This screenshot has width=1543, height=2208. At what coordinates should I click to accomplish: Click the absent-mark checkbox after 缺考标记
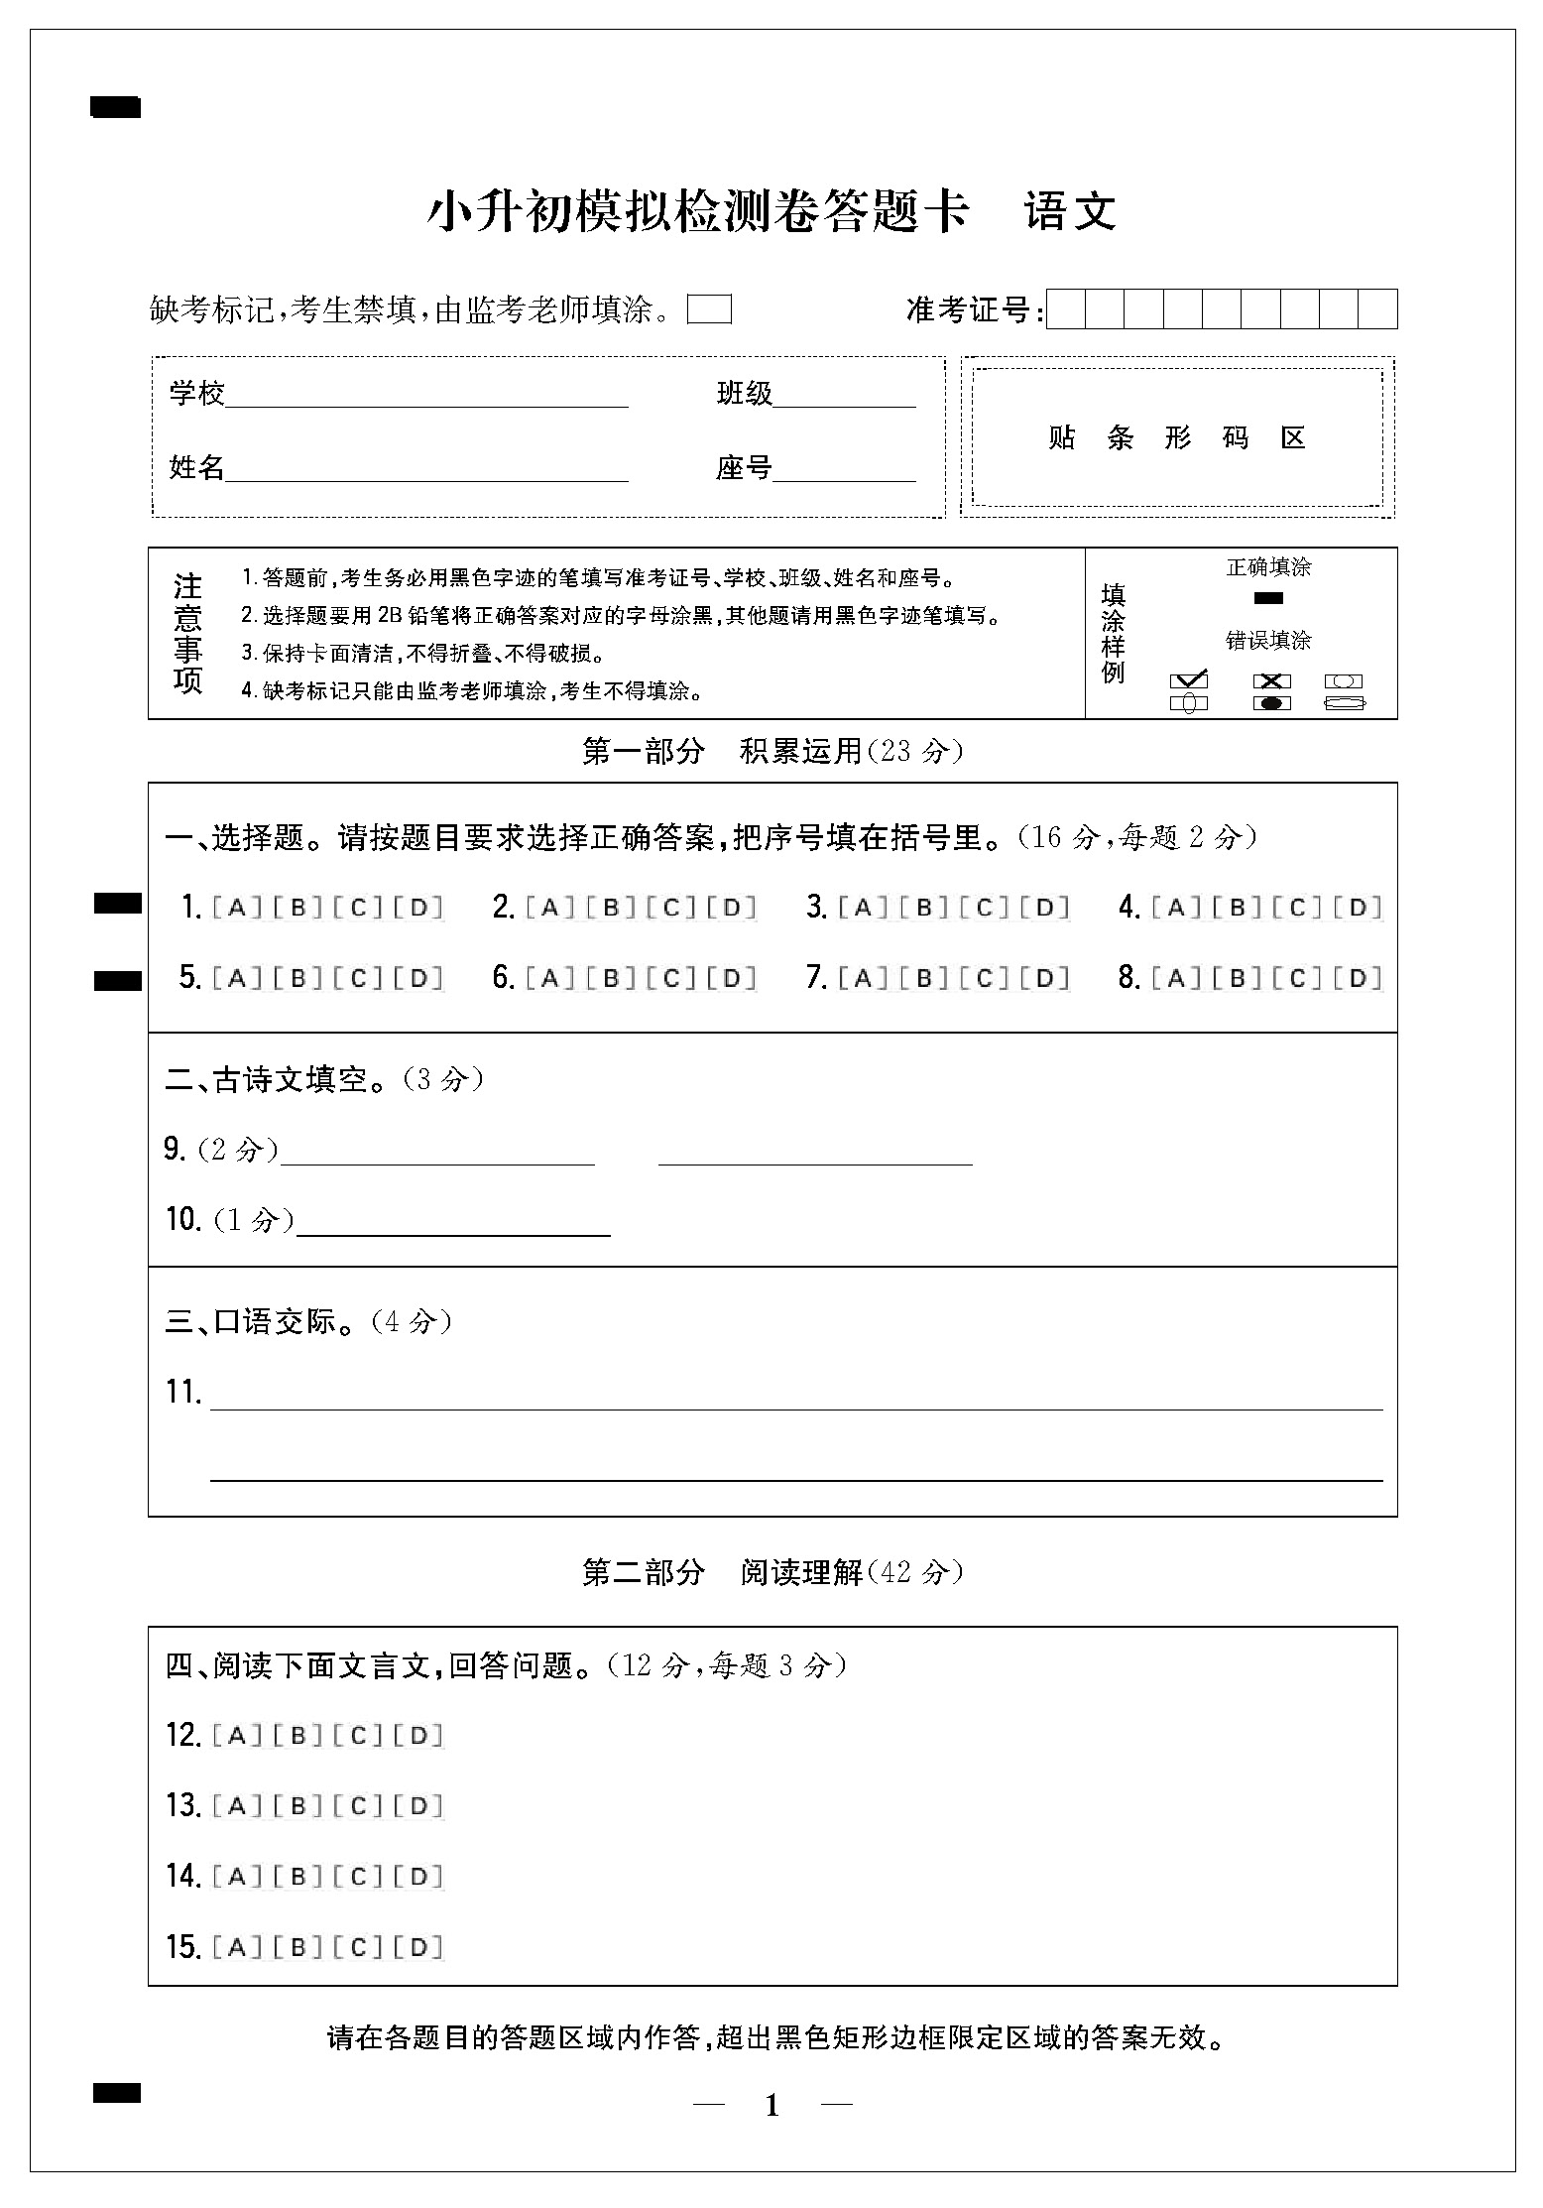click(x=709, y=309)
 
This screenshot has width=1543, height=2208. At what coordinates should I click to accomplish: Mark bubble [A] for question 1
click(x=237, y=907)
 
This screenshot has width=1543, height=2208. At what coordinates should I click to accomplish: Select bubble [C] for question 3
click(x=984, y=907)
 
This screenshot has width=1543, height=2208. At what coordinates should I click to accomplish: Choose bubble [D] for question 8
click(x=1358, y=978)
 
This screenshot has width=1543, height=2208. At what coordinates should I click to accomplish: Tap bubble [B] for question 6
click(x=611, y=978)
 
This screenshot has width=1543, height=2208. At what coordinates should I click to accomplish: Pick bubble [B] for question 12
click(x=297, y=1735)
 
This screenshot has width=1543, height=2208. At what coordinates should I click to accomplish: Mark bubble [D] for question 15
click(x=418, y=1947)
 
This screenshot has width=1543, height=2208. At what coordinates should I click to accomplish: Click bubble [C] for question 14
click(x=358, y=1876)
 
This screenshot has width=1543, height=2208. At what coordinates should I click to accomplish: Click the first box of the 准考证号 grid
click(x=1066, y=309)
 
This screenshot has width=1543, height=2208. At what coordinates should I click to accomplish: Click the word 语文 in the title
click(x=1071, y=211)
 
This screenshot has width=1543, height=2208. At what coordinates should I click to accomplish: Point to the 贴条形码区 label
click(x=1177, y=437)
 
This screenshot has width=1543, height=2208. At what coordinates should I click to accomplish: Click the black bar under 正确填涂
click(x=1268, y=598)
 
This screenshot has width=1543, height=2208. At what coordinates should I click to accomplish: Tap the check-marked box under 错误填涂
click(x=1189, y=680)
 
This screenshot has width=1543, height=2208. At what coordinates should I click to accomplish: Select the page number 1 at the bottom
click(x=772, y=2106)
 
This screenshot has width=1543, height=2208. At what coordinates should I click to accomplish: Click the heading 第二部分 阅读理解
click(x=771, y=1572)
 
